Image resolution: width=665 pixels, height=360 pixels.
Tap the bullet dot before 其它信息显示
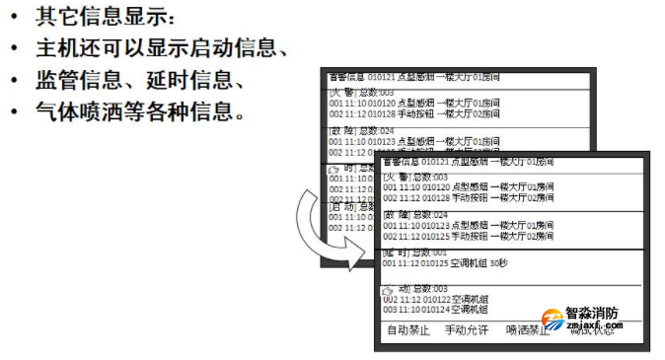pyautogui.click(x=14, y=18)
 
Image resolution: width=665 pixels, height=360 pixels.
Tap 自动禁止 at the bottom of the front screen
pyautogui.click(x=407, y=330)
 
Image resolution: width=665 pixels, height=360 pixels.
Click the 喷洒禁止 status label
pyautogui.click(x=527, y=330)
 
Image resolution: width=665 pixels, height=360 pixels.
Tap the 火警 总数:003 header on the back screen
pyautogui.click(x=360, y=91)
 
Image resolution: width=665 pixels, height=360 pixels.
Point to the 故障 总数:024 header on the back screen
pyautogui.click(x=360, y=131)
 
